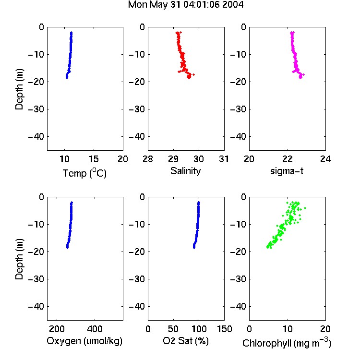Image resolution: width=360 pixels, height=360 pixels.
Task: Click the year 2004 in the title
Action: coord(233,5)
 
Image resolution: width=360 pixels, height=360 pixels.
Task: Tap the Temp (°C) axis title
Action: coord(84,173)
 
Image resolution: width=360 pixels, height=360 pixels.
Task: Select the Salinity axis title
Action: coord(185,171)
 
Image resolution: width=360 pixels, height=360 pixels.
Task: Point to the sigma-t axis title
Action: coord(287,171)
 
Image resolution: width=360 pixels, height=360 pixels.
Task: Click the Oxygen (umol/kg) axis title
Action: coord(84,341)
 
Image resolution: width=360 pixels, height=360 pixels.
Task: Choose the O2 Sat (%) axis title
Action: coord(186,341)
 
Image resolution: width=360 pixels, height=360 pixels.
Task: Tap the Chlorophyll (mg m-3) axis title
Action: coord(287,343)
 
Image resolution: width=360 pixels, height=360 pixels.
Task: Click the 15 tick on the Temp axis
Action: coord(94,159)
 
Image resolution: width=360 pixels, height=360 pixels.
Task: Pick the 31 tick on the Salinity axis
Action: coord(224,159)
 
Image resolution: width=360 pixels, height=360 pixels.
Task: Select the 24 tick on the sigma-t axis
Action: coord(325,159)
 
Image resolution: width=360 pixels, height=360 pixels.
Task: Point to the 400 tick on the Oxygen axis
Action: coord(95,329)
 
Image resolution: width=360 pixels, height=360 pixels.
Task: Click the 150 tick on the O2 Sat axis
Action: coord(225,329)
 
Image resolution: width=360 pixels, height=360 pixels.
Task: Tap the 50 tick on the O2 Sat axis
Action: coord(173,329)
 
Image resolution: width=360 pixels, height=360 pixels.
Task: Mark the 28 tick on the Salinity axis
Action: coord(148,159)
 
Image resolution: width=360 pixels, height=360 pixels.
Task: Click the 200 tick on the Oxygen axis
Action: coord(57,329)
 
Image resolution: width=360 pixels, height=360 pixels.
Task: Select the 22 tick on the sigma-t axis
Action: coord(288,159)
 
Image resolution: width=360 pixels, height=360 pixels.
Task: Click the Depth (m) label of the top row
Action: coord(20,89)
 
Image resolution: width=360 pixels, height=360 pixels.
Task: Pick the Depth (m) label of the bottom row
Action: coord(20,259)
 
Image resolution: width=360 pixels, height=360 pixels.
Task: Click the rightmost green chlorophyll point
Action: coord(305,208)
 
